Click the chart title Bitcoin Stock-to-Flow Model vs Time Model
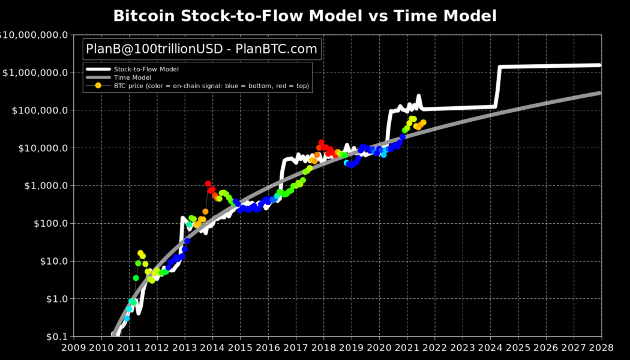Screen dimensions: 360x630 [305, 16]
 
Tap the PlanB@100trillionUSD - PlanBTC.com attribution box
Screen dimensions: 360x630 [202, 49]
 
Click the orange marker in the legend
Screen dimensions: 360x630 [98, 86]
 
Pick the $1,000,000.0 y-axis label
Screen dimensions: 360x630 [34, 73]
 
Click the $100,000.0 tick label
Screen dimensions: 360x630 [37, 110]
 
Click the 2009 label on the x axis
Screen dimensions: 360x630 [74, 347]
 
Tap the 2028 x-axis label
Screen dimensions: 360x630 [601, 347]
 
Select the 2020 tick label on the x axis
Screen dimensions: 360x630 [379, 347]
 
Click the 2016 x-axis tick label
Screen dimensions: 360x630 [268, 347]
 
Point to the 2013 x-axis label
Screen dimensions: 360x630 [185, 347]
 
